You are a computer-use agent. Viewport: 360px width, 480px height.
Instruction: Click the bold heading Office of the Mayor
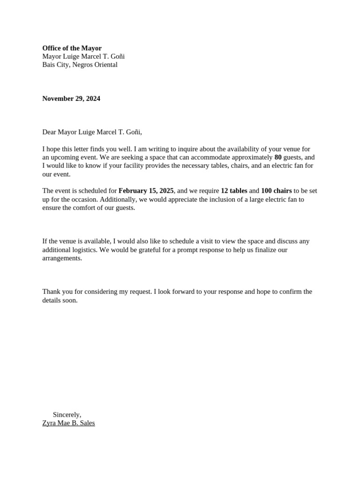(x=72, y=48)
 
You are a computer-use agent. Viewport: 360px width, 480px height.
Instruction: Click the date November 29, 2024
(x=71, y=98)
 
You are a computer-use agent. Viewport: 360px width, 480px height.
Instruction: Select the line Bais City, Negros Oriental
(x=80, y=65)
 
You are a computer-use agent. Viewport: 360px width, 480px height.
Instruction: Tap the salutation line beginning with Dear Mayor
(x=92, y=132)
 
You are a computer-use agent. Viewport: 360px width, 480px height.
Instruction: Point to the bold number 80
(x=278, y=157)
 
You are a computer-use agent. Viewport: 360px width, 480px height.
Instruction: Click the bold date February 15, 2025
(x=146, y=191)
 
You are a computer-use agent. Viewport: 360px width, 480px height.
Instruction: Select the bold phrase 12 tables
(x=233, y=191)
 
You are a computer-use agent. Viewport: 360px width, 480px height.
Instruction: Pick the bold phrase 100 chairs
(x=276, y=191)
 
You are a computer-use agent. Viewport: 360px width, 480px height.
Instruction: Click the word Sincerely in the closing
(x=67, y=415)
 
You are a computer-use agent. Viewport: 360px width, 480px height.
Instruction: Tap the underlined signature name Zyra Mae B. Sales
(x=68, y=423)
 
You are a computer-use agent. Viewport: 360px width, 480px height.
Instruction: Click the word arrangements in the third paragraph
(x=62, y=258)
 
